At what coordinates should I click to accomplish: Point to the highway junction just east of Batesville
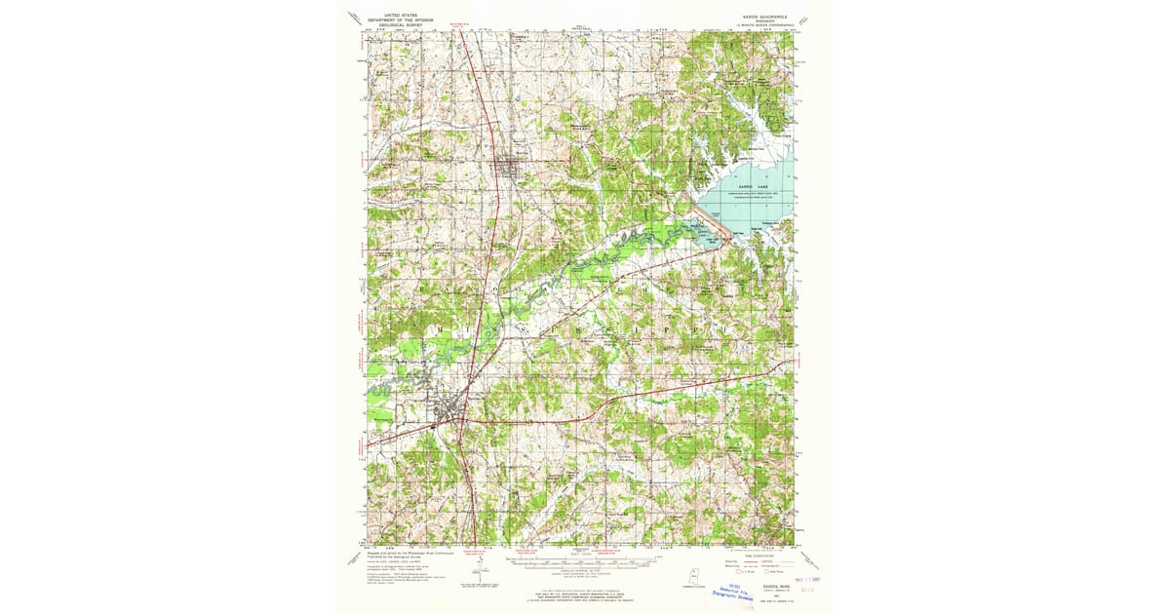click(x=468, y=420)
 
